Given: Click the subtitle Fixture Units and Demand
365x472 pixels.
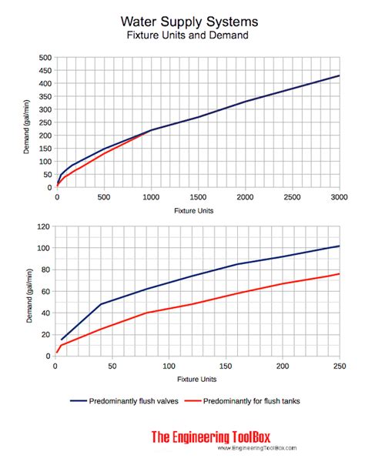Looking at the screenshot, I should click(182, 35).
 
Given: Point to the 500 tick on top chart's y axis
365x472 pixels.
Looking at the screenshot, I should click(45, 58).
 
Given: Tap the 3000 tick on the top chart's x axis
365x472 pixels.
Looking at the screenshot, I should click(340, 198).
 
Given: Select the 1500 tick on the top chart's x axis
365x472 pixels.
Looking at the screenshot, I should click(198, 198).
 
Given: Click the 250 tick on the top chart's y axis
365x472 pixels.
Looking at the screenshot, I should click(45, 122).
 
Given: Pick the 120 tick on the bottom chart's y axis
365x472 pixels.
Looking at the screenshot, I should click(45, 227).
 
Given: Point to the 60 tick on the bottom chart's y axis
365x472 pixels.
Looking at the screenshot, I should click(46, 292).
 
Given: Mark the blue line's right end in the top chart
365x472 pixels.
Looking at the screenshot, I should click(340, 75).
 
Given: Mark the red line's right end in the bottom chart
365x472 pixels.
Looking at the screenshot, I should click(340, 273).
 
